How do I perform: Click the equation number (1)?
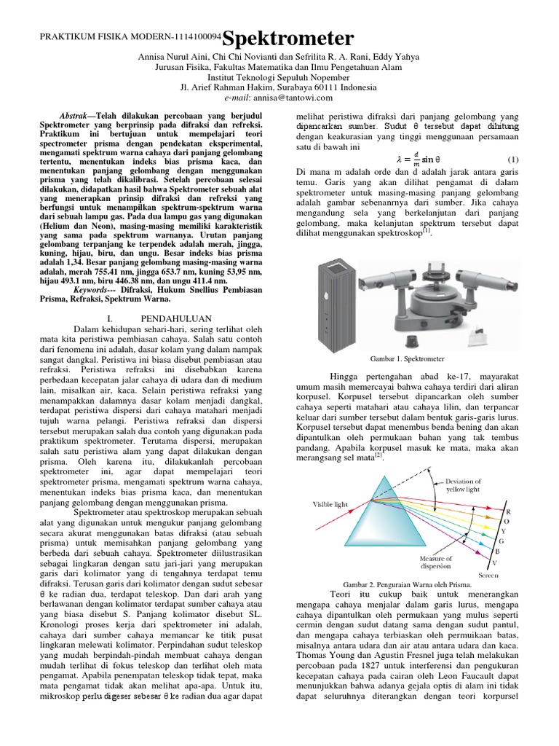tap(512, 159)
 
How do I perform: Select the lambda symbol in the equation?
tap(399, 160)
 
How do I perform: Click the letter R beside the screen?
tap(507, 512)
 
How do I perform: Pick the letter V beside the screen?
tap(496, 562)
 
